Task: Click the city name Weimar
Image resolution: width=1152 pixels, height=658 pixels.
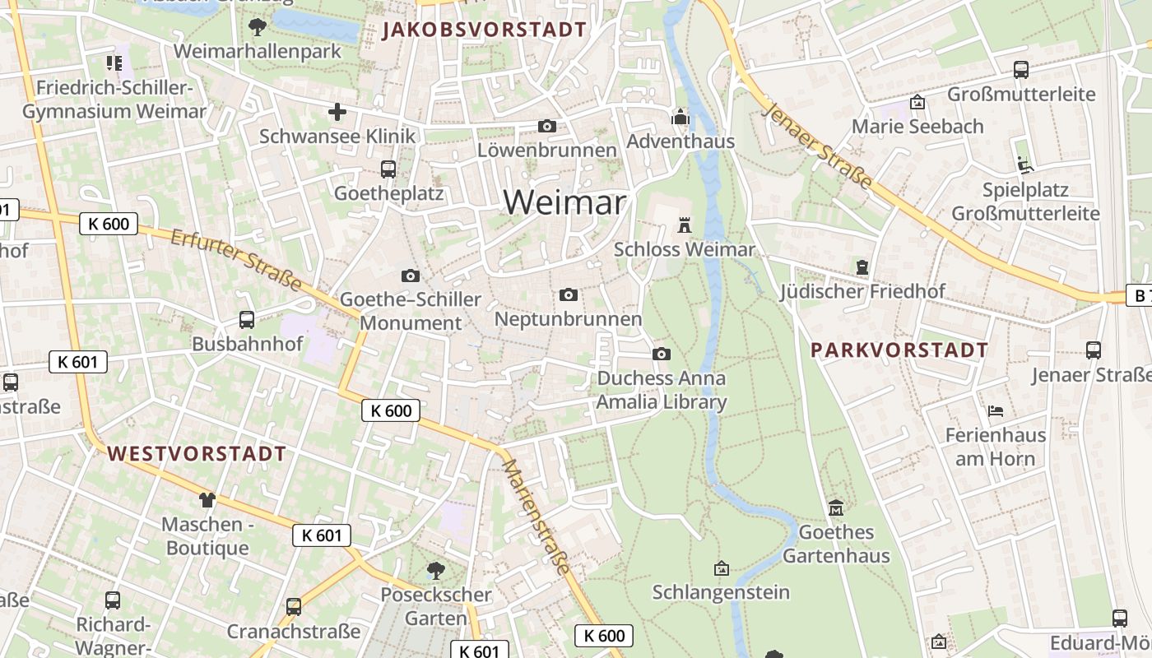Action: pyautogui.click(x=564, y=202)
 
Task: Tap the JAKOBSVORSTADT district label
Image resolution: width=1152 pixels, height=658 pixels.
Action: pyautogui.click(x=485, y=30)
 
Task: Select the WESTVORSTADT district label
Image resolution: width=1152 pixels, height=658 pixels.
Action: pyautogui.click(x=197, y=453)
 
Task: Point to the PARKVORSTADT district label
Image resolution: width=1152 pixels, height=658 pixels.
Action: pyautogui.click(x=899, y=350)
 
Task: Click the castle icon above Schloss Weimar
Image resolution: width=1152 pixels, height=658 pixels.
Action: pyautogui.click(x=684, y=225)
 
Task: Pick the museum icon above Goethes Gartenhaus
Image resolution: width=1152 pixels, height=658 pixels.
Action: pyautogui.click(x=836, y=507)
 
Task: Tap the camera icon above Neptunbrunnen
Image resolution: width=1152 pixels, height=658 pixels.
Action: pyautogui.click(x=568, y=294)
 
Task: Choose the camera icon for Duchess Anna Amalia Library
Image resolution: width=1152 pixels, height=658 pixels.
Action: pyautogui.click(x=661, y=354)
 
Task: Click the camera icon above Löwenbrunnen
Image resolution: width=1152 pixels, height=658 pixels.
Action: pyautogui.click(x=546, y=126)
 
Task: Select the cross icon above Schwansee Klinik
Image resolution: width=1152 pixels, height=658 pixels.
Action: pyautogui.click(x=337, y=112)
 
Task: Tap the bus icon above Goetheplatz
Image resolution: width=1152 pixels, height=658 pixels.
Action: pyautogui.click(x=388, y=169)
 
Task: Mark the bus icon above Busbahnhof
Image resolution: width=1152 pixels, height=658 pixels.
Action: pyautogui.click(x=246, y=320)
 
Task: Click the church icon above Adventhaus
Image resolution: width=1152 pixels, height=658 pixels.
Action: pyautogui.click(x=681, y=118)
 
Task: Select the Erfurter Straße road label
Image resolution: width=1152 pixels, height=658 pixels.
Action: pyautogui.click(x=235, y=260)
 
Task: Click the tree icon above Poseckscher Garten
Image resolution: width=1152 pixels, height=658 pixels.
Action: pyautogui.click(x=436, y=570)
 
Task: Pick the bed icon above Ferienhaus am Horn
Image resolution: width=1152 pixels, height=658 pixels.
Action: pyautogui.click(x=995, y=410)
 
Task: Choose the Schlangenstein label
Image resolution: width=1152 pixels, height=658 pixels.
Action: pyautogui.click(x=721, y=592)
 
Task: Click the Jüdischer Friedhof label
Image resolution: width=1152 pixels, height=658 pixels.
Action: pyautogui.click(x=862, y=291)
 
